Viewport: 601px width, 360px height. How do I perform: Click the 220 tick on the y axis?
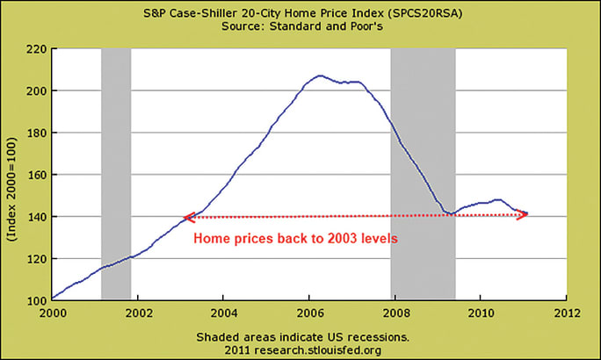click(x=37, y=49)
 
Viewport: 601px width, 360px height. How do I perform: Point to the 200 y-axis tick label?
click(x=37, y=90)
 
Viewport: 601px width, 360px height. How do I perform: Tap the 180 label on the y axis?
click(x=37, y=133)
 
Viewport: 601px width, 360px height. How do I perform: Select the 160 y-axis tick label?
click(x=37, y=175)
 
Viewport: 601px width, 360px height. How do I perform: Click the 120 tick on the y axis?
click(x=37, y=258)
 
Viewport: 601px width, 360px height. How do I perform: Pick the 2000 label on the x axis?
click(x=53, y=312)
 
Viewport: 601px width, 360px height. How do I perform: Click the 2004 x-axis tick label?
click(x=224, y=312)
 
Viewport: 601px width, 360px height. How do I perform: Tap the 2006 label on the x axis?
click(x=310, y=312)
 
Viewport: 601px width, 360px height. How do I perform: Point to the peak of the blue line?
click(x=319, y=76)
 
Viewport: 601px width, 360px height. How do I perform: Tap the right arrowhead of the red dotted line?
click(x=524, y=213)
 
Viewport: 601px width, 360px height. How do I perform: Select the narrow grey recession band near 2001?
click(x=116, y=175)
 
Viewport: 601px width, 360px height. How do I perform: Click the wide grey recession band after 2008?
click(x=423, y=175)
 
